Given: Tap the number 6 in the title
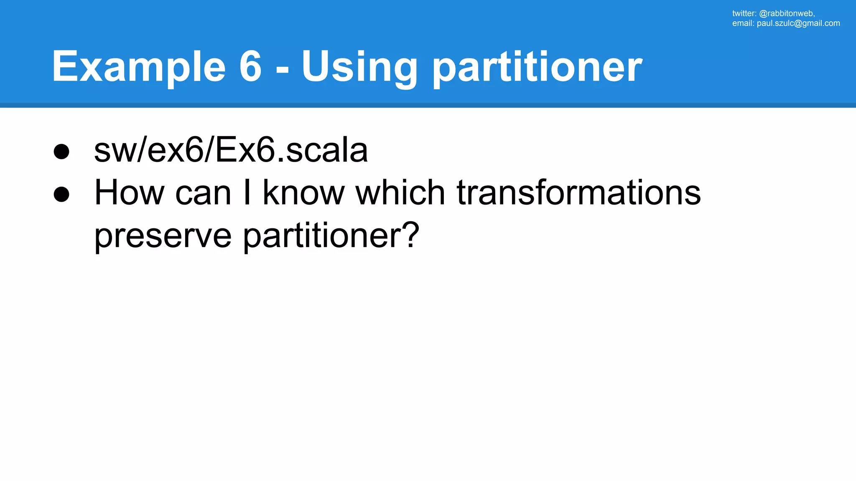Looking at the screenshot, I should pos(250,67).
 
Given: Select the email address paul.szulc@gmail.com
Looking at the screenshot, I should pos(798,23).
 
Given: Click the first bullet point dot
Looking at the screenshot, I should pos(61,152).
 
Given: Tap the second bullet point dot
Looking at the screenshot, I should pos(61,195).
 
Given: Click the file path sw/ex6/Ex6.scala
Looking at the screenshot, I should pos(231,150).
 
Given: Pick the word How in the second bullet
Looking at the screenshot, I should pos(130,193).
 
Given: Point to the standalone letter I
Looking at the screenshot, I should pos(247,193).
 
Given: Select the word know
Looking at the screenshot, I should pos(303,193).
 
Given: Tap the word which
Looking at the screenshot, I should pos(400,193).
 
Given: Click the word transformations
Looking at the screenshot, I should pos(578,193).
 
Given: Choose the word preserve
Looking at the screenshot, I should pos(163,236).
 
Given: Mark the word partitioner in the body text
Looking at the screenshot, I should pos(322,236).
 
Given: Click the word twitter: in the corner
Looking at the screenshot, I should pos(744,13).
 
